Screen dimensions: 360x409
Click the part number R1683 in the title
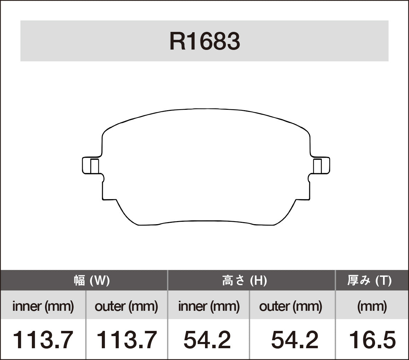pos(204,42)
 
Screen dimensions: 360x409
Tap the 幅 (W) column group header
pos(92,280)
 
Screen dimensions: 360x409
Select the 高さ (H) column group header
pos(244,280)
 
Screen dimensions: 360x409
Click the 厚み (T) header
pos(369,280)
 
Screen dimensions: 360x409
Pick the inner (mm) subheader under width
pos(43,306)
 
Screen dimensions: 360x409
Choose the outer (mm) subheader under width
pos(126,306)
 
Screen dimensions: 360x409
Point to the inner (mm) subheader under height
pos(209,306)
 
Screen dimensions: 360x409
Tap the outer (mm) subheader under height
pos(291,306)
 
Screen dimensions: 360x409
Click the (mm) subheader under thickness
pos(372,306)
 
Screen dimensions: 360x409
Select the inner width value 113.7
pos(43,340)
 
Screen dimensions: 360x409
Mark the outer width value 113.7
pos(126,340)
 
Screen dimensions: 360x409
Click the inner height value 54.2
pos(207,340)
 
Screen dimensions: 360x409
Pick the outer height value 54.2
pos(294,340)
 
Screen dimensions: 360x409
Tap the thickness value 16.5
pos(372,340)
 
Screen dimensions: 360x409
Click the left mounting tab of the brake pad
pos(91,166)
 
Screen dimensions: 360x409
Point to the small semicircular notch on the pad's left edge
pos(103,178)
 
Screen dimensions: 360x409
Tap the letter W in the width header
pos(100,280)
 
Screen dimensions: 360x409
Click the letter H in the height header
pos(258,280)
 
